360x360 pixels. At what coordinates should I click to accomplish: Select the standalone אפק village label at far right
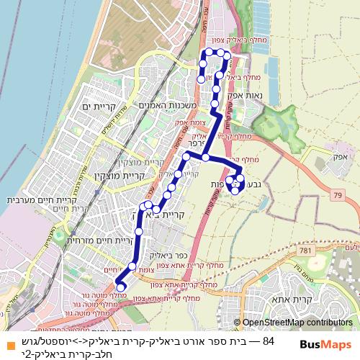(341, 156)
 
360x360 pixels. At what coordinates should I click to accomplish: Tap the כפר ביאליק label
(168, 254)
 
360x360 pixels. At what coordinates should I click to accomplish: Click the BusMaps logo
(325, 344)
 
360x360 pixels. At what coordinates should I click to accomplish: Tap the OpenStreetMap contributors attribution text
(297, 323)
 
